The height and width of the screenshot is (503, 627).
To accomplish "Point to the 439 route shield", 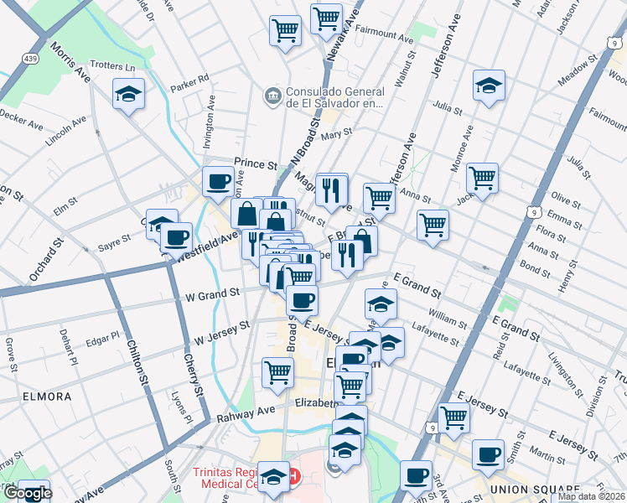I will pos(30,60).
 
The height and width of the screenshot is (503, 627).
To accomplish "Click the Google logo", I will pos(27,493).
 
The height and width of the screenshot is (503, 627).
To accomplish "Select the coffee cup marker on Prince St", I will pos(219,181).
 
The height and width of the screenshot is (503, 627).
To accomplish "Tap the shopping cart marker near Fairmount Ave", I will pos(325,18).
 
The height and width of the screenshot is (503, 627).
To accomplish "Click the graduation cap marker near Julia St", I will pos(488,85).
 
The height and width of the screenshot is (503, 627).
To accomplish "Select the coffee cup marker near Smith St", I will pos(487,455).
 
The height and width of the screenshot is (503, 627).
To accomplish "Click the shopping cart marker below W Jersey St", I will pos(277,372).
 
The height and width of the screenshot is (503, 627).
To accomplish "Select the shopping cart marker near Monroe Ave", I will pos(482,178).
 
